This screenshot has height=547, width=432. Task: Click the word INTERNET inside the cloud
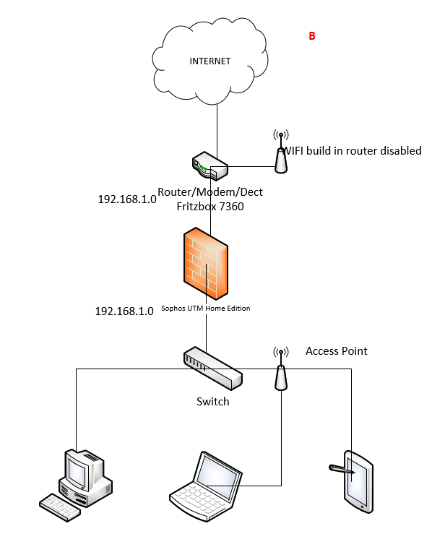(210, 61)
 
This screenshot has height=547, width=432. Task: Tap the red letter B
(312, 36)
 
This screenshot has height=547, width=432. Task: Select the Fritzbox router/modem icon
(210, 166)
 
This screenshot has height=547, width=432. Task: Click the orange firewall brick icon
(206, 263)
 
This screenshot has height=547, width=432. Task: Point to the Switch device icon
(212, 368)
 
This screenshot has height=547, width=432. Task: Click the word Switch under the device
(212, 402)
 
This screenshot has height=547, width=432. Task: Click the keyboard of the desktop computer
(60, 507)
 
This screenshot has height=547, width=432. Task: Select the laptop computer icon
(206, 486)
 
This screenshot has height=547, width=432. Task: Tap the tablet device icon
(358, 482)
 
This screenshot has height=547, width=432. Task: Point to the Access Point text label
(337, 351)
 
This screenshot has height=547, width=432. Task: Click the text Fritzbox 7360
(210, 207)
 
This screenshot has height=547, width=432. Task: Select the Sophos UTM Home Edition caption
(206, 309)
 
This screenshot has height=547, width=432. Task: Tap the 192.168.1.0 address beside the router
(127, 199)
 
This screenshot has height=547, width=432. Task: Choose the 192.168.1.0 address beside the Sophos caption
(124, 311)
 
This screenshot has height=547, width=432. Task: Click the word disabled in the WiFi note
(401, 151)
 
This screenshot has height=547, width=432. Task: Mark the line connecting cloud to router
(217, 132)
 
